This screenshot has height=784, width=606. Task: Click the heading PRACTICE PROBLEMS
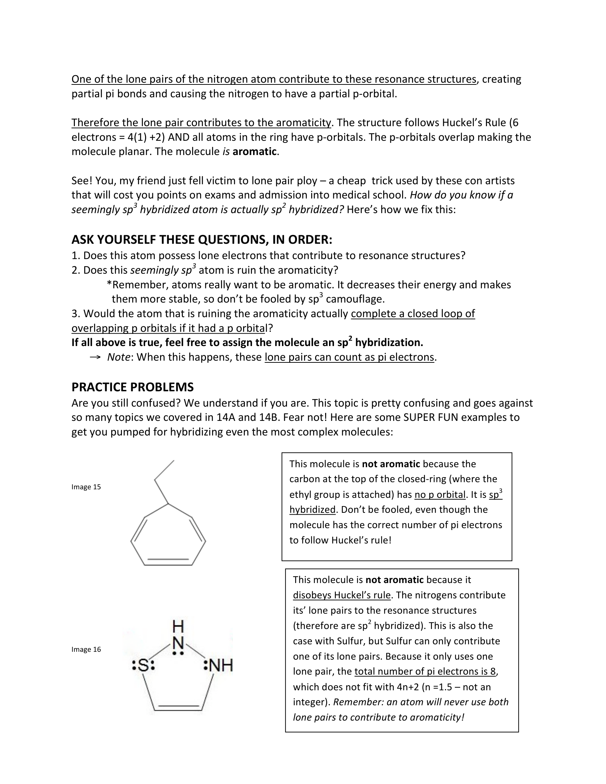[133, 387]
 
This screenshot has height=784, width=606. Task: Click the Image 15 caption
[86, 487]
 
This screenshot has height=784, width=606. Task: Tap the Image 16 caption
[86, 649]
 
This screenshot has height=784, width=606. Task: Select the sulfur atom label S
[143, 666]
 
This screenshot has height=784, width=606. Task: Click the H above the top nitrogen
[178, 627]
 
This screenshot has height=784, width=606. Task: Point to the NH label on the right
[220, 666]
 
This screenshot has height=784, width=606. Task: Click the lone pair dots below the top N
[178, 654]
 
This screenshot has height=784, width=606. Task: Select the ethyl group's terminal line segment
[164, 470]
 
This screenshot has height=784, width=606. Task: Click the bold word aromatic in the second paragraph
[255, 152]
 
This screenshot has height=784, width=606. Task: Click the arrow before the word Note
[95, 357]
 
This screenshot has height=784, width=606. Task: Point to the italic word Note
[118, 357]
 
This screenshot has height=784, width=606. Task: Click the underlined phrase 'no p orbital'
[440, 495]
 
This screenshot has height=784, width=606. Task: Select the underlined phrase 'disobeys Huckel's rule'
[341, 595]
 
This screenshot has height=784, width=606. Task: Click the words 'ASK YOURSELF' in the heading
[114, 239]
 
